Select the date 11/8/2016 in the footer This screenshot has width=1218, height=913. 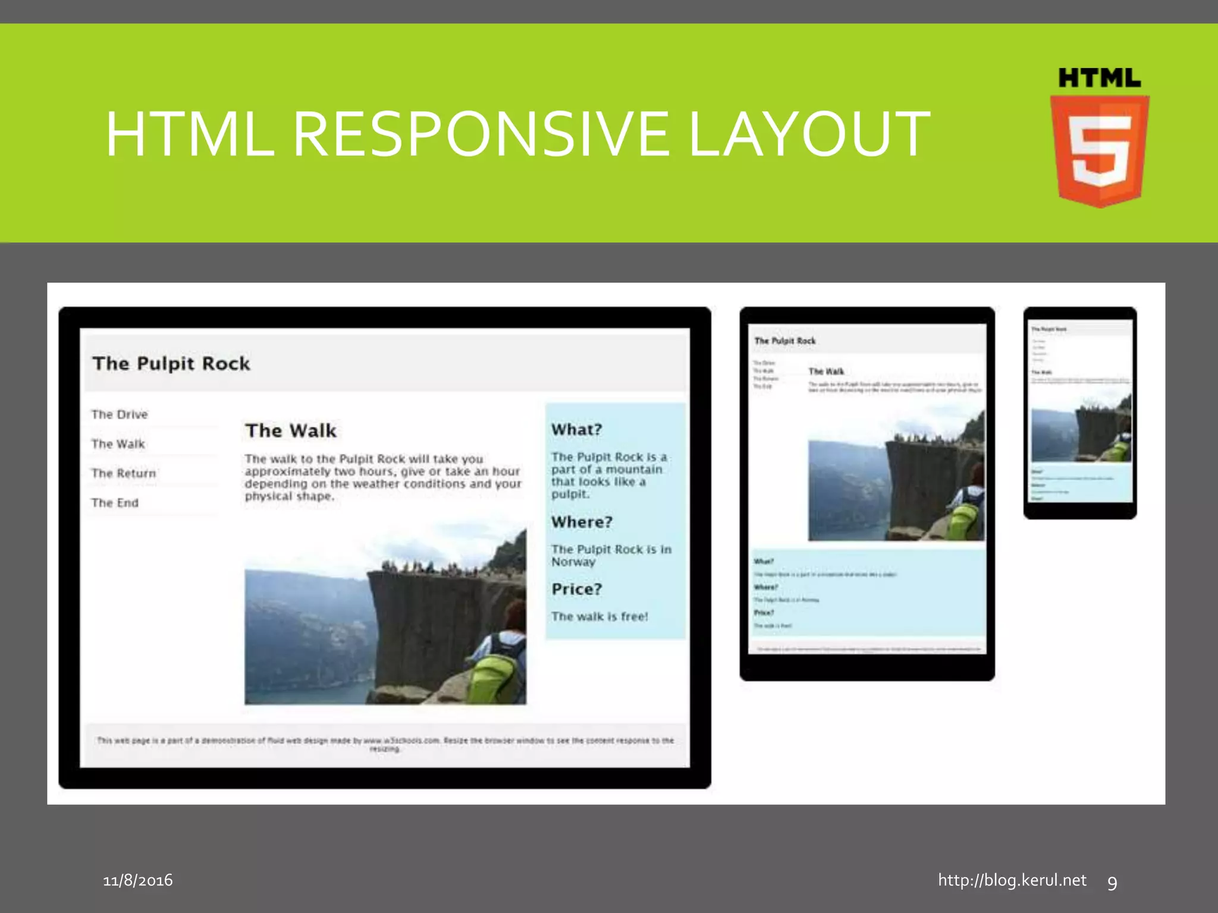pos(138,880)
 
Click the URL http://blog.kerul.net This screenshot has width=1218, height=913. pos(1012,880)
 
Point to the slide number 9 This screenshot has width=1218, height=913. pos(1112,883)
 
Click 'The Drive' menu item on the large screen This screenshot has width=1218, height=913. pos(120,415)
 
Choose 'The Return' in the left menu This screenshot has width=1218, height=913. pos(124,474)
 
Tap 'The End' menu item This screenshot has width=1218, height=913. pos(115,503)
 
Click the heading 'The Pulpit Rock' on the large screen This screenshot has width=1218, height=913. pos(171,363)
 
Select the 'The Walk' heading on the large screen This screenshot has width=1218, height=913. pos(291,431)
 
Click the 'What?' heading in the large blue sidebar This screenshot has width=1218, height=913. pos(576,430)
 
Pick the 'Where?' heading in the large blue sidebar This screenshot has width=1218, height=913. pos(581,522)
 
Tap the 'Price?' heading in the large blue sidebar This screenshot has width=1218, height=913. pos(576,589)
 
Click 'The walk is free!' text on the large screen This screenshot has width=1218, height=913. pos(599,616)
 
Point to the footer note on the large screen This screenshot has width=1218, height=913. pos(385,744)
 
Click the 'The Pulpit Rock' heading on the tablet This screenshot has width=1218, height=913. pos(784,341)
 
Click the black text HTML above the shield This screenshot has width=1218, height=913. pos(1099,78)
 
